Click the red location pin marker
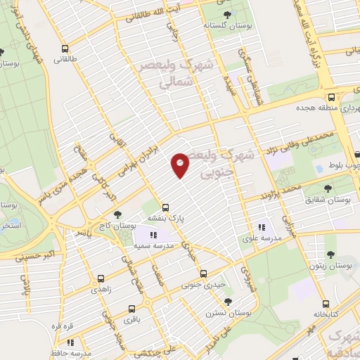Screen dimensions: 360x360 (180, 165)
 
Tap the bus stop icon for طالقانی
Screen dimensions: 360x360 (65, 49)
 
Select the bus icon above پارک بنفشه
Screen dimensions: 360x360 (166, 207)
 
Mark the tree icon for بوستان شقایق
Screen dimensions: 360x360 (328, 189)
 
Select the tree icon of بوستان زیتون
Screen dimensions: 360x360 (330, 255)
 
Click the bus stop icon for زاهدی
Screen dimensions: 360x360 (101, 278)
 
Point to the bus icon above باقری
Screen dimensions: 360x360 (131, 309)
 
